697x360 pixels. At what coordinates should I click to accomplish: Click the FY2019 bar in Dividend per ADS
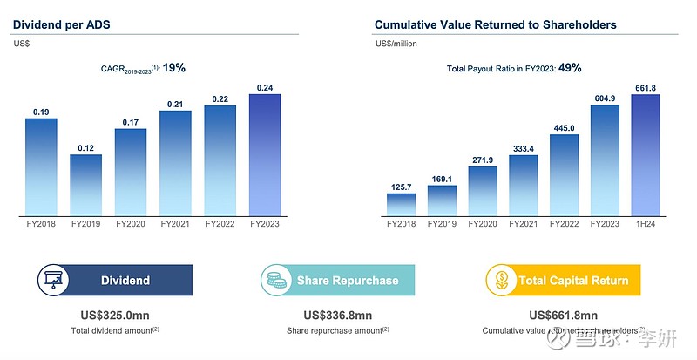(x=85, y=185)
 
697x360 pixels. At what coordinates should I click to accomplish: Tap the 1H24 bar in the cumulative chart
(x=645, y=154)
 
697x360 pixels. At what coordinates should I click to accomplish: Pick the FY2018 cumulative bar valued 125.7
(x=401, y=204)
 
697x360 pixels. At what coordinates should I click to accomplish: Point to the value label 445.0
(x=564, y=127)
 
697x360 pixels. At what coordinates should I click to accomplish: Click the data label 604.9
(x=605, y=98)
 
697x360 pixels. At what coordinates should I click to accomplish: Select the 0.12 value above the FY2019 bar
(x=85, y=147)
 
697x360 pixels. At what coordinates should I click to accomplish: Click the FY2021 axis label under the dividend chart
(x=175, y=225)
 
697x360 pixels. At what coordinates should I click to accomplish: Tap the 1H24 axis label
(x=645, y=225)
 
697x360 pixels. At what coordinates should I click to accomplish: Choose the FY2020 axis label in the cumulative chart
(x=483, y=225)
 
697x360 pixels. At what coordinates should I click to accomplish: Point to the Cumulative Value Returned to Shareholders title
(x=495, y=24)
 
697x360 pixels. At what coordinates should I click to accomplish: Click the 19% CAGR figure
(x=174, y=67)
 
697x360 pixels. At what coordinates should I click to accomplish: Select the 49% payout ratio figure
(x=570, y=67)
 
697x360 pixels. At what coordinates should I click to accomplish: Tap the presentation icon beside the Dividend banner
(x=53, y=280)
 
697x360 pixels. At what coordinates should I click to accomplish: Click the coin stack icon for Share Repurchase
(x=276, y=280)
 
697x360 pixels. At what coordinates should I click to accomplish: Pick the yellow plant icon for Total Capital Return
(x=501, y=280)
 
